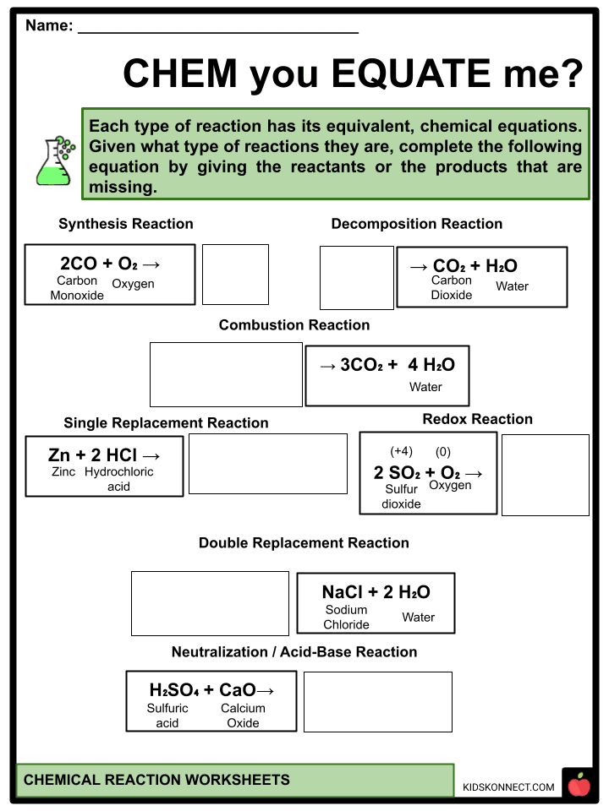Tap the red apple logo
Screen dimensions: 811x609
pyautogui.click(x=579, y=785)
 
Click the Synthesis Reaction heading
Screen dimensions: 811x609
pyautogui.click(x=126, y=224)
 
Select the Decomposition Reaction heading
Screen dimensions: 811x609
pyautogui.click(x=417, y=224)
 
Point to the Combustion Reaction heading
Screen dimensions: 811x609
pyautogui.click(x=294, y=325)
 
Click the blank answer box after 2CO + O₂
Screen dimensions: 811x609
pyautogui.click(x=235, y=275)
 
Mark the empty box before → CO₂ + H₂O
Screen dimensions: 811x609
pyautogui.click(x=356, y=278)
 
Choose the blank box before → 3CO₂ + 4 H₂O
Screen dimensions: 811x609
pyautogui.click(x=226, y=374)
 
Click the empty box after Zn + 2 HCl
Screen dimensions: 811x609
pyautogui.click(x=267, y=464)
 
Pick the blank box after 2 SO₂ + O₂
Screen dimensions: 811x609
pyautogui.click(x=546, y=475)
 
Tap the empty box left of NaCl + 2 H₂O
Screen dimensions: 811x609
pyautogui.click(x=210, y=603)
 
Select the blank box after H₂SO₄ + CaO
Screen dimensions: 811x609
pyautogui.click(x=377, y=702)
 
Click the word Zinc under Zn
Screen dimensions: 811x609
pyautogui.click(x=63, y=472)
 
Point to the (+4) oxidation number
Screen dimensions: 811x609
pyautogui.click(x=401, y=452)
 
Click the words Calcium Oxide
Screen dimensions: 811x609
pyautogui.click(x=243, y=716)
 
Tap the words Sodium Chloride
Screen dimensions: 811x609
pyautogui.click(x=347, y=618)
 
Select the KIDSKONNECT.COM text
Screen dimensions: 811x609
pyautogui.click(x=508, y=787)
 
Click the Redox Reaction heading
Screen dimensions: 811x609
pyautogui.click(x=478, y=419)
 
